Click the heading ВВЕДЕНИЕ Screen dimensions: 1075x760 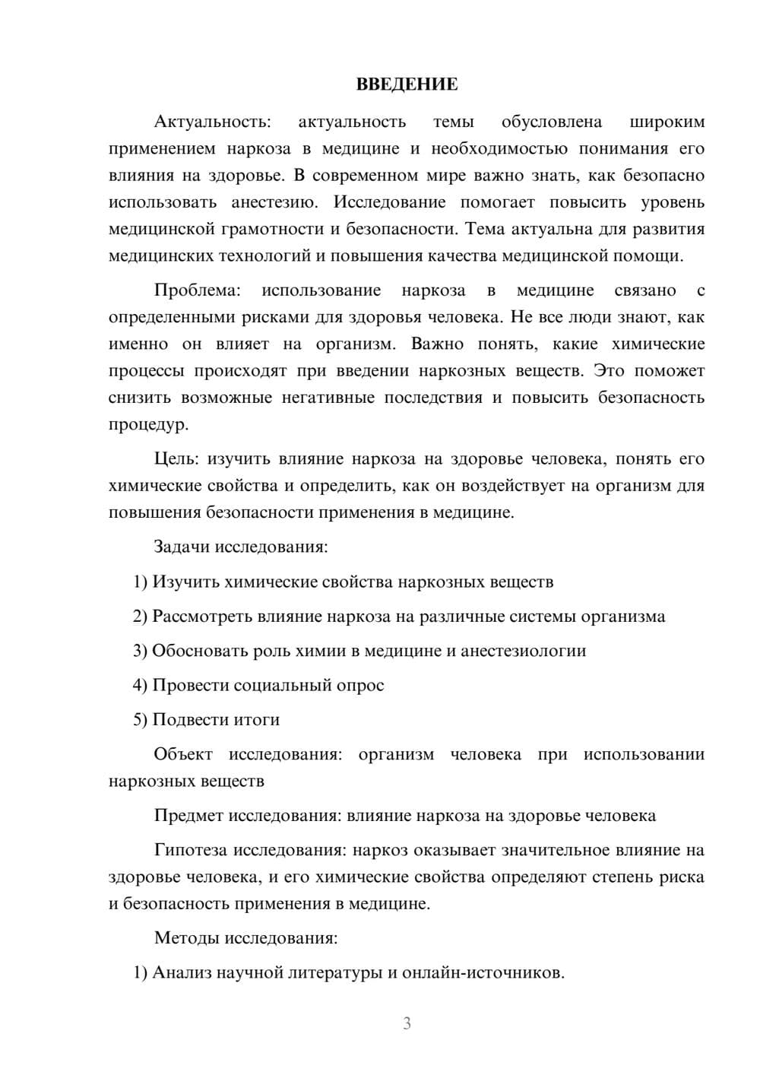pyautogui.click(x=407, y=84)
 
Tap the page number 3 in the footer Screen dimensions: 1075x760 pyautogui.click(x=407, y=1023)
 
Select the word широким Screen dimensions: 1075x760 pyautogui.click(x=667, y=122)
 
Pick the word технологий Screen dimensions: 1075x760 pyautogui.click(x=264, y=255)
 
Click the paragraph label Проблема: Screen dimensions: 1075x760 pyautogui.click(x=198, y=290)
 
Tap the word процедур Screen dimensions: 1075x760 pyautogui.click(x=147, y=424)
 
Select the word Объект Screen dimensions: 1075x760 pyautogui.click(x=183, y=754)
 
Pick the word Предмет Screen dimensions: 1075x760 pyautogui.click(x=188, y=816)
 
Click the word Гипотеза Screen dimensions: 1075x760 pyautogui.click(x=191, y=850)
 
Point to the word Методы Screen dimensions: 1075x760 pyautogui.click(x=186, y=937)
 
